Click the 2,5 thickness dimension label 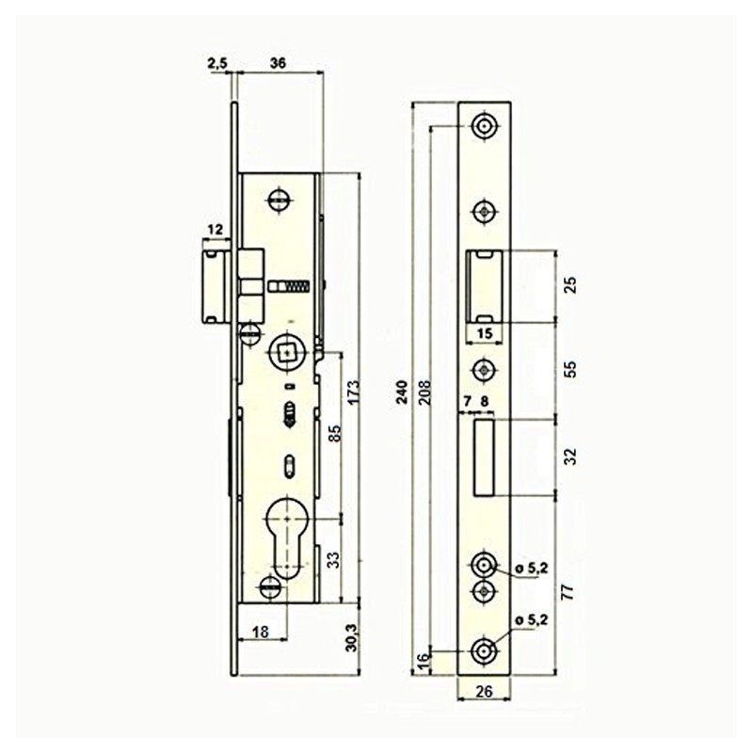[219, 63]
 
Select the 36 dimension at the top [278, 63]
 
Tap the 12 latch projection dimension [216, 230]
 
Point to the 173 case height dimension [353, 393]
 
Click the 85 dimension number [335, 433]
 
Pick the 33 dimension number [334, 560]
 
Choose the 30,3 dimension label [352, 637]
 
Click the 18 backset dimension [261, 632]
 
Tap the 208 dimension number [425, 393]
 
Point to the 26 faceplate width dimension [484, 691]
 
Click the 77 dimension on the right [569, 592]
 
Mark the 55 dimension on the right [570, 370]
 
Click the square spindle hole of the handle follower [288, 355]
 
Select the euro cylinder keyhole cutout [286, 538]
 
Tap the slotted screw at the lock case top [280, 200]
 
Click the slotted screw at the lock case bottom [270, 587]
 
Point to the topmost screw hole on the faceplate [485, 126]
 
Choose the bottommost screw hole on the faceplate [484, 651]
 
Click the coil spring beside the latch [297, 287]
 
